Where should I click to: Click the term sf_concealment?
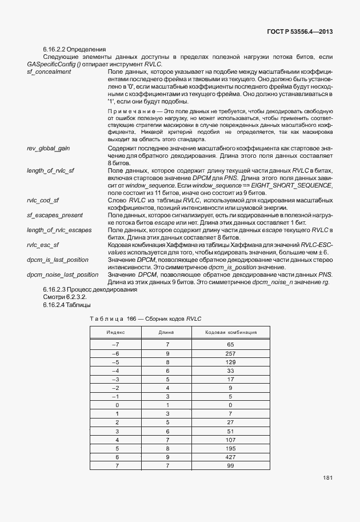[49, 71]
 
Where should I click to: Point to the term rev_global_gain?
[48, 148]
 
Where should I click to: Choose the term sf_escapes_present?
[54, 215]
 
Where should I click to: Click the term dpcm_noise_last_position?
[62, 274]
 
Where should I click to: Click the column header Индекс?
[116, 332]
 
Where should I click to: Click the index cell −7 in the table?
[116, 345]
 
